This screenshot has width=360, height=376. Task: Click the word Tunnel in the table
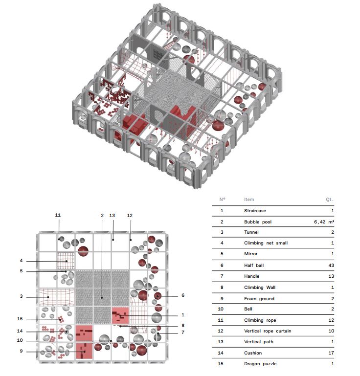coord(251,232)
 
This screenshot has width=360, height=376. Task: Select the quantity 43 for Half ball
coord(331,265)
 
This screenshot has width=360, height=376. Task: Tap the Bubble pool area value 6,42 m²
coord(324,222)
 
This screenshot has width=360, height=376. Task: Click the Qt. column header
coord(330,199)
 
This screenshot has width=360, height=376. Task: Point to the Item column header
coord(249,199)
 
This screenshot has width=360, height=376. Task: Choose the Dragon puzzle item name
coord(260,364)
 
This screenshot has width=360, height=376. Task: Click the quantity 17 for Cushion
coord(331,353)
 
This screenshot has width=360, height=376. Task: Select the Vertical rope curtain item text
coord(268,331)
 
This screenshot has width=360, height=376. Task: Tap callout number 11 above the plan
coord(58,215)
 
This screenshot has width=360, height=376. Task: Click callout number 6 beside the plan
coord(183,295)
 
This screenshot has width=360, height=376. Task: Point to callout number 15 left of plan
coord(20,319)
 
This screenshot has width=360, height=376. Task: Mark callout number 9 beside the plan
coord(21,351)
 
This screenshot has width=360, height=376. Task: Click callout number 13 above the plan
coord(112,215)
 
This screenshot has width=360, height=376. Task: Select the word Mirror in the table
coord(250,254)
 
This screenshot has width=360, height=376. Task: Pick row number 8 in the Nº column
coord(222,288)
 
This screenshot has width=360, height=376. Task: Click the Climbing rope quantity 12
coord(331,320)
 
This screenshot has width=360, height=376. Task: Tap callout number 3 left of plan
coord(21,296)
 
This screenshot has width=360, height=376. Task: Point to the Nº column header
coord(223,199)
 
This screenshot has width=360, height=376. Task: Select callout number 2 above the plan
coord(102,215)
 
